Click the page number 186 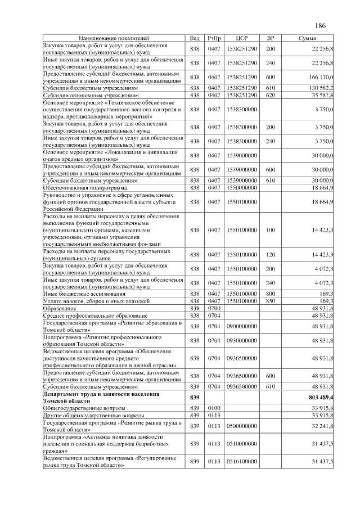point(321,26)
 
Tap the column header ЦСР point(243,38)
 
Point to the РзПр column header point(214,38)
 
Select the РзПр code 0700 point(214,308)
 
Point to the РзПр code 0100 point(214,408)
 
